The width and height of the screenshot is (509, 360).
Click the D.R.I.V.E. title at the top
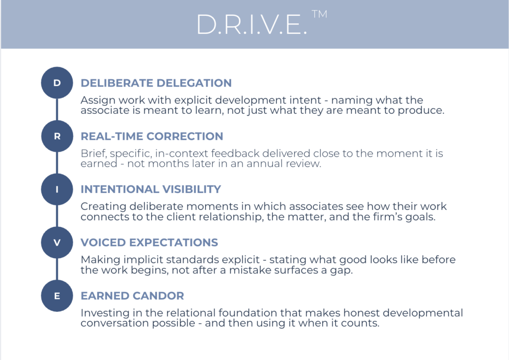point(252,24)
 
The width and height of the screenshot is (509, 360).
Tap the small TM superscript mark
point(320,14)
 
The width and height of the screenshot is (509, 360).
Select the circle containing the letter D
point(57,83)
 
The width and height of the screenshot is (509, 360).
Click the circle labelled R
point(57,136)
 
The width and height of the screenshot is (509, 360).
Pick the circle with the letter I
point(57,189)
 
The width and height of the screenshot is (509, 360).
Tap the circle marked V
point(57,243)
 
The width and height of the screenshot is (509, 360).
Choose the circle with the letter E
point(57,296)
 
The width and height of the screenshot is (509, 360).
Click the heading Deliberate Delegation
point(156,83)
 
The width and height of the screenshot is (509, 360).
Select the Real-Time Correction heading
point(152,136)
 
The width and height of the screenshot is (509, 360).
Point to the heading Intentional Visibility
point(151,189)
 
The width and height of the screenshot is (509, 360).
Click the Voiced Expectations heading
point(149,243)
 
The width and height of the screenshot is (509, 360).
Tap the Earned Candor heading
point(132,296)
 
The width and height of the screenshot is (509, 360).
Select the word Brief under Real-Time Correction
point(94,153)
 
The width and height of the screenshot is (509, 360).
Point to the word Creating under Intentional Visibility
point(103,207)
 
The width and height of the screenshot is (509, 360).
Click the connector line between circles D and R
point(57,109)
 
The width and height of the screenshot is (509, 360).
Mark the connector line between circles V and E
point(57,269)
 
